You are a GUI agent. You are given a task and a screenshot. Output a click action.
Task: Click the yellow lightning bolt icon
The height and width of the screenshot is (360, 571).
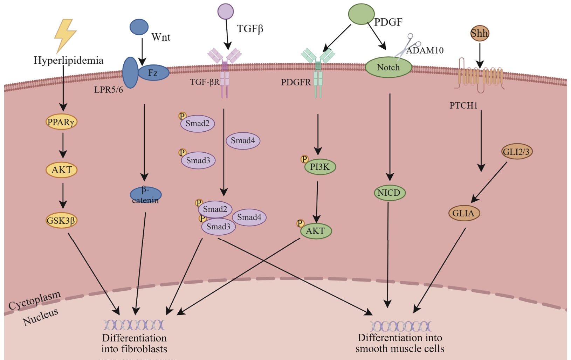(x=65, y=35)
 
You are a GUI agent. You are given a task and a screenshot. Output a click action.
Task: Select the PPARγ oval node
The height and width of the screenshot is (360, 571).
(x=62, y=122)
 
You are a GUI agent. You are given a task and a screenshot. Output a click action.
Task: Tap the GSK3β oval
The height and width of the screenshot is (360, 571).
(x=61, y=221)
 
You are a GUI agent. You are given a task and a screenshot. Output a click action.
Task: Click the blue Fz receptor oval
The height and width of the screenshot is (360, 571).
(x=153, y=72)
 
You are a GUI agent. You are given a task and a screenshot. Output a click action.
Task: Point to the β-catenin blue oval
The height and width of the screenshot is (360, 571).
(x=145, y=195)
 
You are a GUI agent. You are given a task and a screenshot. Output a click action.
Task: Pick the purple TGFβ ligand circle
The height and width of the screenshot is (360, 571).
(x=226, y=11)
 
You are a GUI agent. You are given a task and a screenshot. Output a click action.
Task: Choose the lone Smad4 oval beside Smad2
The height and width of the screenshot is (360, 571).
(x=243, y=141)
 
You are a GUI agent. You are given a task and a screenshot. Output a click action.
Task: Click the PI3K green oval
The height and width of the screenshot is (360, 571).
(x=320, y=167)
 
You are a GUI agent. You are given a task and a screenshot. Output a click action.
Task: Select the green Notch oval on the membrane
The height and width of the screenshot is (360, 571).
(x=388, y=67)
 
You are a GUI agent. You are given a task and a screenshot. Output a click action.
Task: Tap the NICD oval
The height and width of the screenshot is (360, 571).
(x=389, y=193)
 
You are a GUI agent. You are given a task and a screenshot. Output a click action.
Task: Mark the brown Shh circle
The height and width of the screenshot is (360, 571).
(x=479, y=33)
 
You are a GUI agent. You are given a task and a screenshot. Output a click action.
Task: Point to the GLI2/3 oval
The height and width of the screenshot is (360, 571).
(x=517, y=152)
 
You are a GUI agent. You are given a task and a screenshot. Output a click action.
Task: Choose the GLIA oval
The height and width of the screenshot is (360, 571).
(x=464, y=213)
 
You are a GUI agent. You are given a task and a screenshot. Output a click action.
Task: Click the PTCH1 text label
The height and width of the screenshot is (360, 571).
(x=463, y=105)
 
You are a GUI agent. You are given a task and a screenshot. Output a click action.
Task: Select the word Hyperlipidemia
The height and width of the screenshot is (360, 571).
(x=68, y=60)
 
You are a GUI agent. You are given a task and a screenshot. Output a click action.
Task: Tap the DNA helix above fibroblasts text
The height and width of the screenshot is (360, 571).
(x=133, y=325)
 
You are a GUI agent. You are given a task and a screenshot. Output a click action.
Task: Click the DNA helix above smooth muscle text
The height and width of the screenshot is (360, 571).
(x=400, y=326)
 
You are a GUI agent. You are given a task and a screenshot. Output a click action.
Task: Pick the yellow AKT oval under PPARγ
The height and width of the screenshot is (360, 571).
(x=62, y=170)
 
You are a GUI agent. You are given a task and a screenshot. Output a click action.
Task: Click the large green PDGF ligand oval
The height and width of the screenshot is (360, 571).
(x=361, y=14)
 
